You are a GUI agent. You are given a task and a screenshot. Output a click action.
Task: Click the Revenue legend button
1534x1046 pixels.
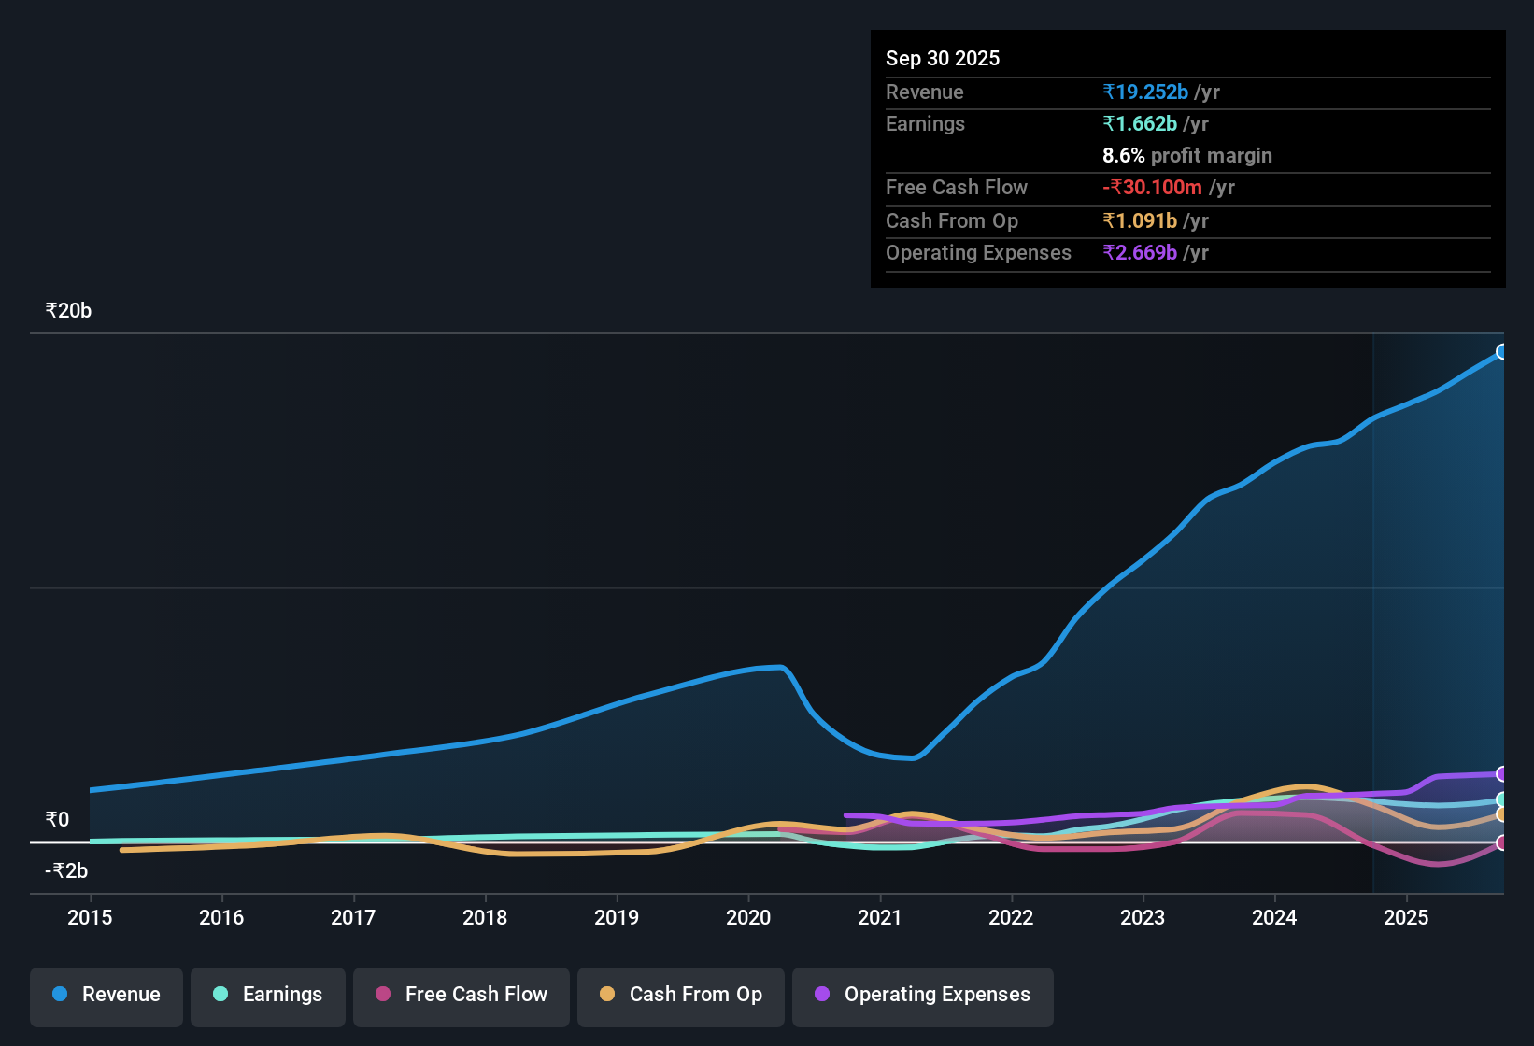(107, 995)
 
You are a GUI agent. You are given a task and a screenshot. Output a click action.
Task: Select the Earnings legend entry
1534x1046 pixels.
(268, 995)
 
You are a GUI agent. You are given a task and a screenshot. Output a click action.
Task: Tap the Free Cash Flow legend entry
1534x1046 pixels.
(462, 995)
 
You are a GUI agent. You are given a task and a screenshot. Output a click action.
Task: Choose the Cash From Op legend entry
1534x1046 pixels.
(681, 995)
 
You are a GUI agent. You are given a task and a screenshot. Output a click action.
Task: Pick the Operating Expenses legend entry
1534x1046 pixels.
(923, 995)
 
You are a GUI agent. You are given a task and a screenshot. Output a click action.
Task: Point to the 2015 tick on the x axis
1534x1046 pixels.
(90, 917)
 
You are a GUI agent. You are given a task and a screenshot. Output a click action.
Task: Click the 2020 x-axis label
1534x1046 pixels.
(748, 917)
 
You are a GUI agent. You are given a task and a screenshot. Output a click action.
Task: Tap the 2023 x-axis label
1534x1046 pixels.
(1143, 917)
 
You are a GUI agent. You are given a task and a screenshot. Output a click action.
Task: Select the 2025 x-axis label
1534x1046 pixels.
(1406, 917)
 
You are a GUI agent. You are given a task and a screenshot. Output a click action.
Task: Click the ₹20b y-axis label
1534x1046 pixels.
(68, 311)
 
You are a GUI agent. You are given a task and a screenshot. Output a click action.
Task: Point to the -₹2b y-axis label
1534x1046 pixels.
(66, 870)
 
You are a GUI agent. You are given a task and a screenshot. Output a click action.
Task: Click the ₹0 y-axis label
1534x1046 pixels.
(57, 820)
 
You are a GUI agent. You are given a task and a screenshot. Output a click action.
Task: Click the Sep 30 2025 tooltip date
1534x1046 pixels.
(942, 58)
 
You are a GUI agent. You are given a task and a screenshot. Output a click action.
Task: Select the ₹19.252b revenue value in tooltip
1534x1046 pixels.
(1145, 92)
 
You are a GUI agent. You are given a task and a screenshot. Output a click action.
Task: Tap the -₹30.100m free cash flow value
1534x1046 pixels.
(1152, 187)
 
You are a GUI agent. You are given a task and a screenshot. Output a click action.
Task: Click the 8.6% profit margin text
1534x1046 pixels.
(1186, 155)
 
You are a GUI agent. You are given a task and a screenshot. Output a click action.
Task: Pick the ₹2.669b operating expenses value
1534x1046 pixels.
(1140, 252)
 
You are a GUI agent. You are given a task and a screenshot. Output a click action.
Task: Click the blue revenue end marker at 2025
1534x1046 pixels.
(1501, 352)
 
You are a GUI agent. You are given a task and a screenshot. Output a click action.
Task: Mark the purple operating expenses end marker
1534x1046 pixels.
(1501, 773)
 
